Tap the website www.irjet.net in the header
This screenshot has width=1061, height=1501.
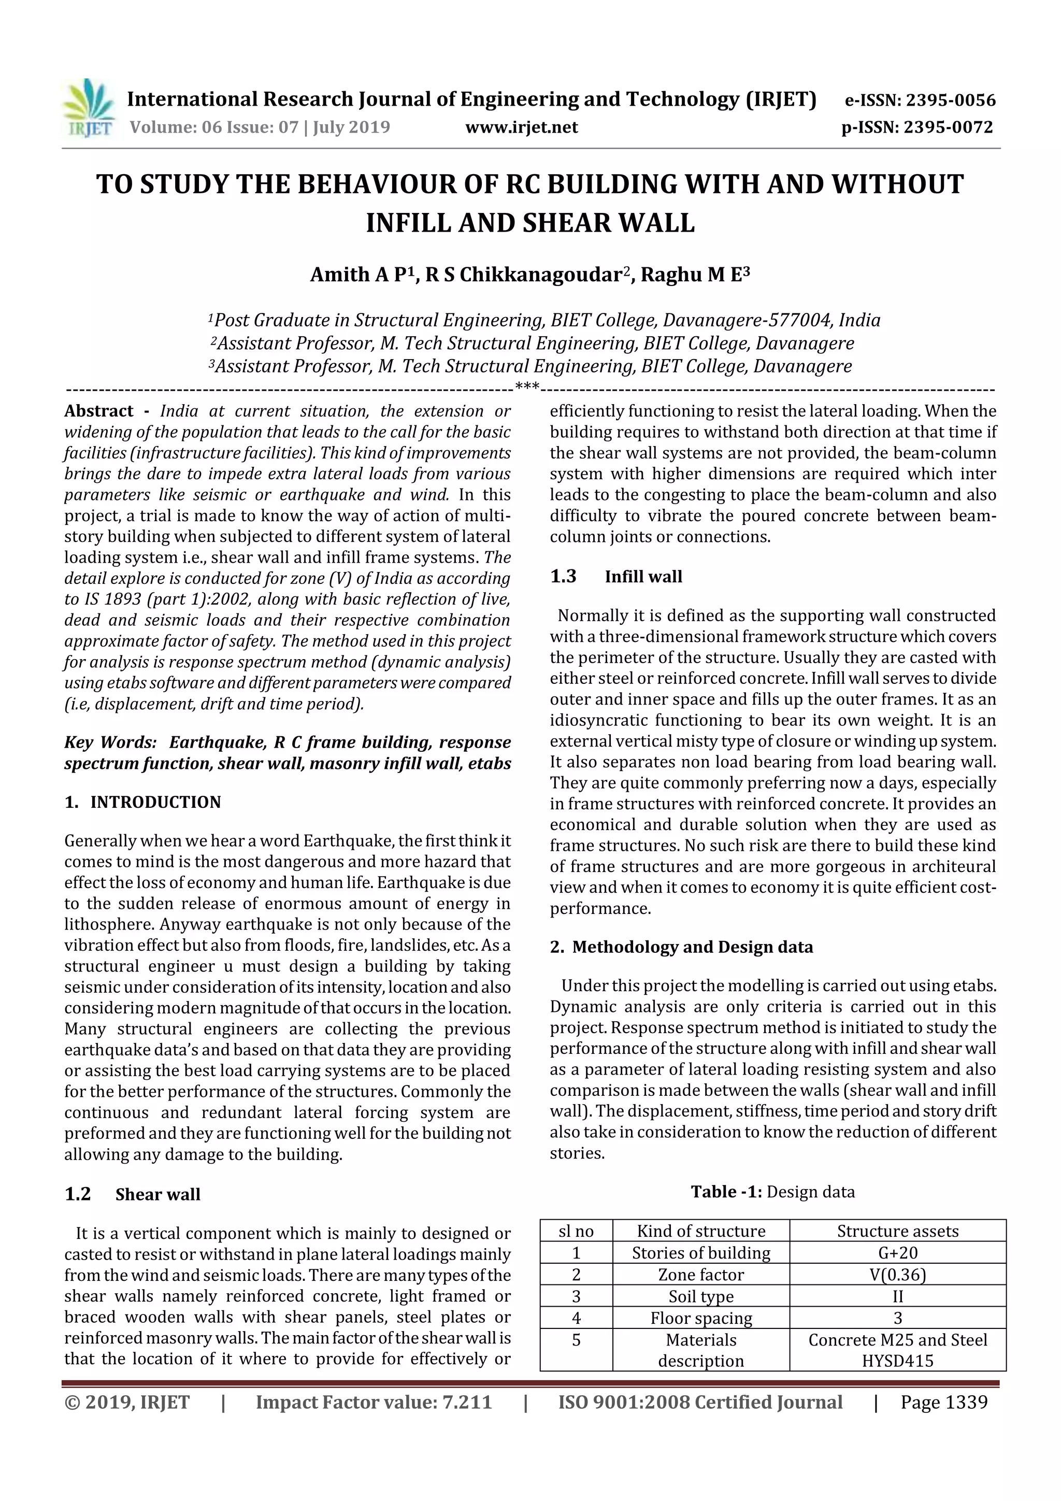(521, 127)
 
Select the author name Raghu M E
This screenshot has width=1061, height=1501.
(694, 275)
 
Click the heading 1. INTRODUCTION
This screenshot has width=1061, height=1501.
(142, 802)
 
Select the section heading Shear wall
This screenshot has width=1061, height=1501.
(157, 1194)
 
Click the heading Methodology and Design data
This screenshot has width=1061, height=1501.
(692, 947)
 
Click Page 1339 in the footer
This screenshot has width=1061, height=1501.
(943, 1402)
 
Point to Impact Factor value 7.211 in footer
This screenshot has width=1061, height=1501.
(374, 1402)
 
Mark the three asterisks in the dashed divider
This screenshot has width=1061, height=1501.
(526, 388)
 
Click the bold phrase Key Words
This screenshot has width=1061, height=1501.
(110, 742)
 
